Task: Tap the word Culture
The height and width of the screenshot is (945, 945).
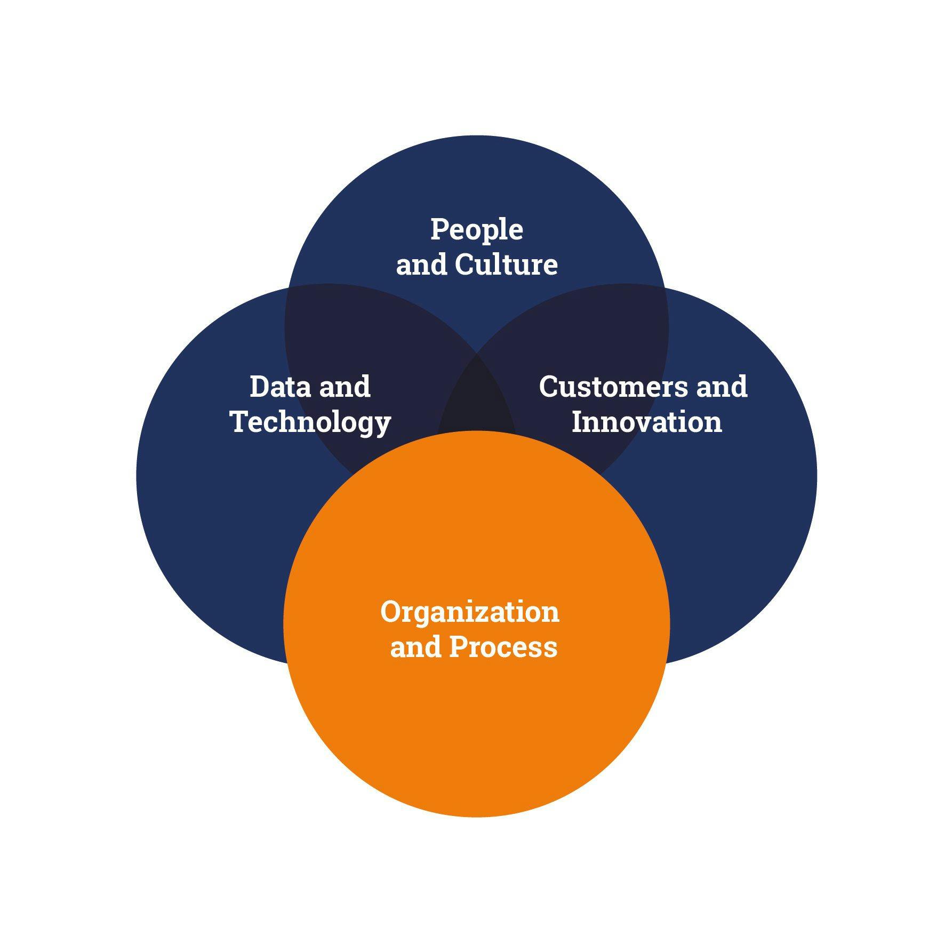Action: [x=507, y=265]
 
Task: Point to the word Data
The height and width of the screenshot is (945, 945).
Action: [x=279, y=387]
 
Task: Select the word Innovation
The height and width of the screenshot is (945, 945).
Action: [x=646, y=422]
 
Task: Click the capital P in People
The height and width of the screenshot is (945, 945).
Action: [x=440, y=229]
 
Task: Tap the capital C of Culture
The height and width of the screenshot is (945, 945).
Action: [x=466, y=265]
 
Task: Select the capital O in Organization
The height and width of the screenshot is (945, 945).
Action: [x=393, y=612]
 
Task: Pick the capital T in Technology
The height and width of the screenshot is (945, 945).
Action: [x=242, y=422]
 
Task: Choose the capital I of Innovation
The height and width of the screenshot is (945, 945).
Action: [x=579, y=422]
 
